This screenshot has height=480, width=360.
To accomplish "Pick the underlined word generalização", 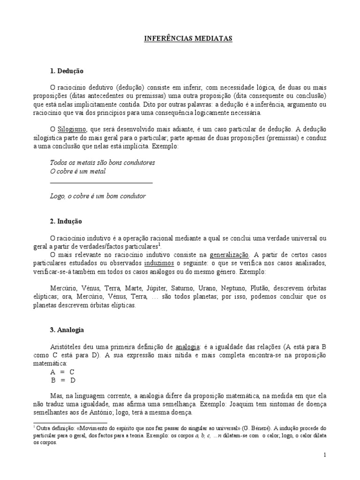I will point(229,255).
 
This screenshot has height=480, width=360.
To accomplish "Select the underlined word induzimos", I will point(160,263).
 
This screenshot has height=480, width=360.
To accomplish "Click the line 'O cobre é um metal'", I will point(78,171).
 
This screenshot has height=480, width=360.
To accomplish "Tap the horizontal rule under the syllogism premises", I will point(101,183).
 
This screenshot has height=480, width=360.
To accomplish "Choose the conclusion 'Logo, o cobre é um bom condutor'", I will point(97,196).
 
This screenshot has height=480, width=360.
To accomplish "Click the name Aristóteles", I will point(70,347).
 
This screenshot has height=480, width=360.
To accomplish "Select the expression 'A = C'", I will point(62,371).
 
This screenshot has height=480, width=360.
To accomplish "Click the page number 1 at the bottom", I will point(324,455).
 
